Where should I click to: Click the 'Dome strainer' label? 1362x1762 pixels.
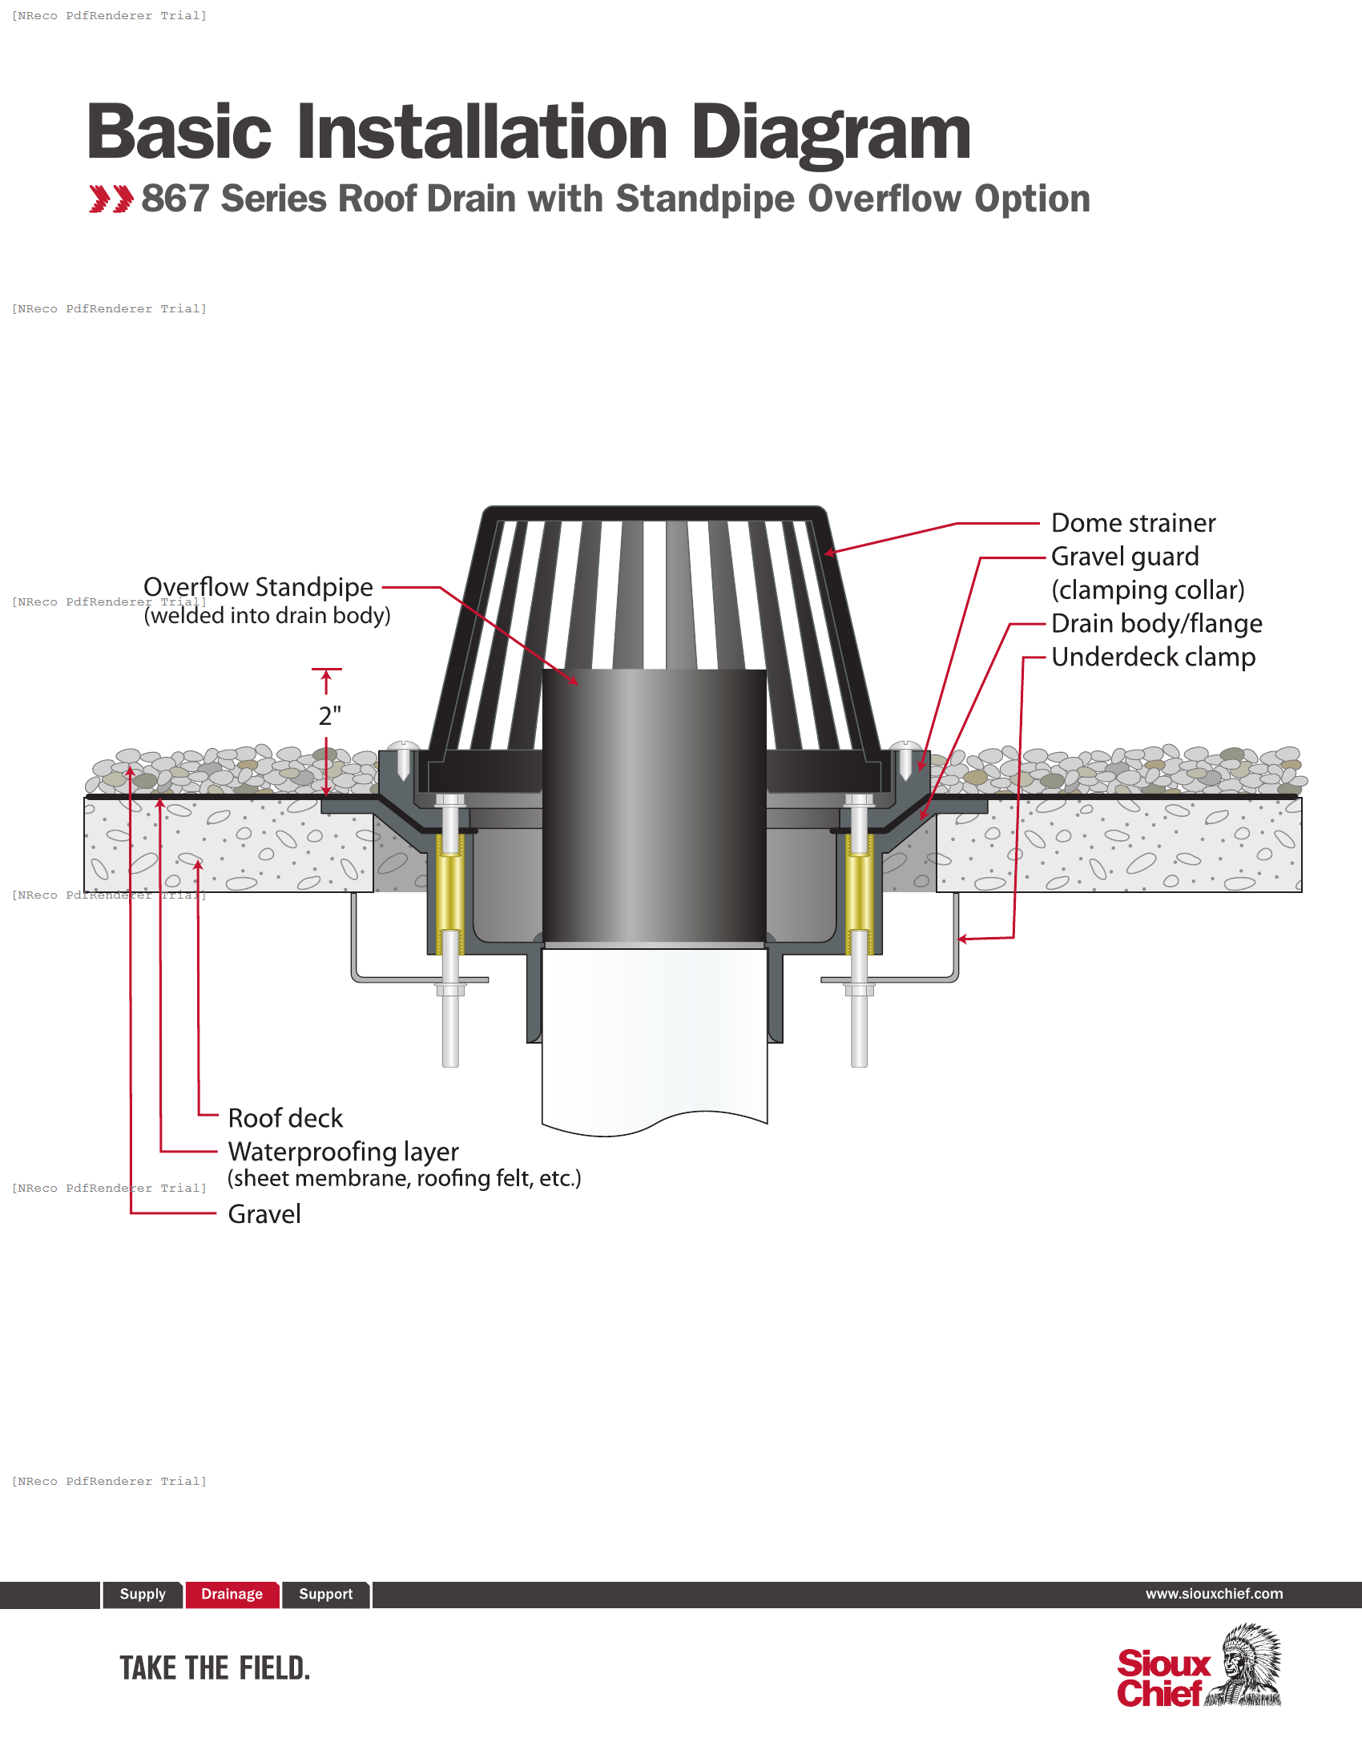[1132, 524]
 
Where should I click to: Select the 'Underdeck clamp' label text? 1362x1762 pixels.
[1153, 658]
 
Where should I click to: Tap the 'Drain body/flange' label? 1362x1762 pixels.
[1156, 624]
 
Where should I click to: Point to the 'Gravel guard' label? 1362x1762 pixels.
[1125, 557]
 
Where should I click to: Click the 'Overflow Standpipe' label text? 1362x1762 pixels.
[258, 587]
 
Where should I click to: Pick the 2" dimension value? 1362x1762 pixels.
[329, 715]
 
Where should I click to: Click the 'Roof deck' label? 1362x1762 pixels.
[286, 1118]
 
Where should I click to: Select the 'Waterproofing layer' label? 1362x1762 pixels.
[343, 1151]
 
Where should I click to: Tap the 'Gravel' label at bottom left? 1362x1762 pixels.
[264, 1214]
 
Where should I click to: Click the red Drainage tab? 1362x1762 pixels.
[232, 1594]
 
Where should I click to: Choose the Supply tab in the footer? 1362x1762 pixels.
[142, 1594]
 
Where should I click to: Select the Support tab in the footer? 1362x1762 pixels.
[325, 1594]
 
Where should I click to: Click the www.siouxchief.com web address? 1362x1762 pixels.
[1214, 1593]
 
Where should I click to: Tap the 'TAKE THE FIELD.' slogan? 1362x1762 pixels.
[215, 1667]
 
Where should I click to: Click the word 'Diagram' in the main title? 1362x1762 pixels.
[830, 133]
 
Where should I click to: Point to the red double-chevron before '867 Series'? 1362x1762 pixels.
[111, 199]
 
